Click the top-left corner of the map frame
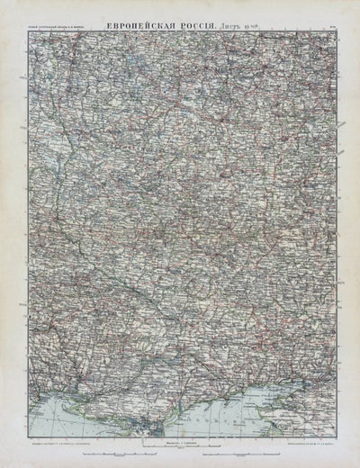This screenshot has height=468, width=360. tap(27, 23)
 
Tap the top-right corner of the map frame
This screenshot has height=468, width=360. tap(334, 23)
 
